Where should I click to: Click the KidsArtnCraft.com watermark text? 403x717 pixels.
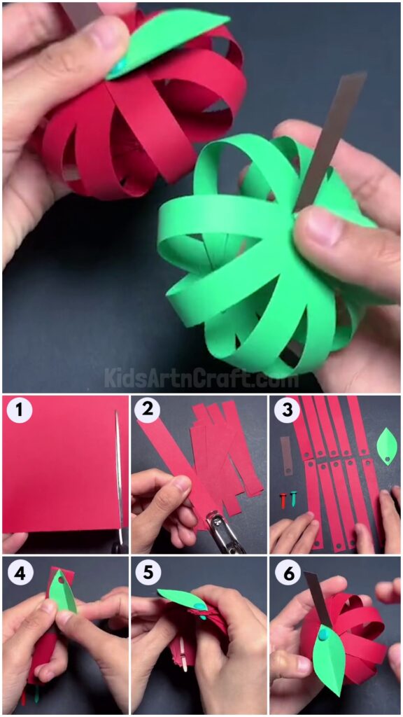click(x=201, y=379)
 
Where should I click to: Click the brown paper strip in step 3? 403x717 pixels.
click(x=285, y=455)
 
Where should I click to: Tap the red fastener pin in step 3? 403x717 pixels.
click(x=282, y=501)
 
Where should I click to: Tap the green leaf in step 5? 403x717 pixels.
click(x=179, y=599)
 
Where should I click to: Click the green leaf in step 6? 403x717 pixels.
click(x=327, y=662)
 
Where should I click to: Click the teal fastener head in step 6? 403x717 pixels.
click(x=324, y=634)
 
